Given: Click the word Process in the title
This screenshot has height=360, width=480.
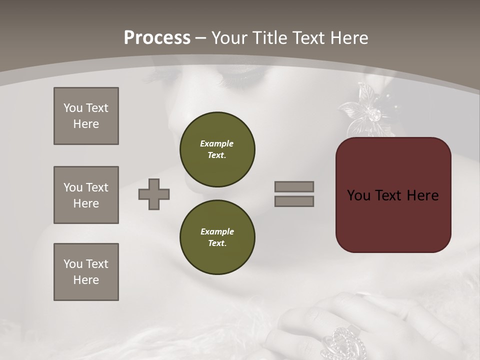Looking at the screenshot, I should coord(157,38).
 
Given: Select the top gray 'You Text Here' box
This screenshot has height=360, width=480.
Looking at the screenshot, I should coord(86,116).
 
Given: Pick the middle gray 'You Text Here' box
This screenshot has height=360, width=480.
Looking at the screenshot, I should coord(86,195).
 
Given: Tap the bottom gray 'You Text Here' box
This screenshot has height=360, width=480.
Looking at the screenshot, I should coord(86,272).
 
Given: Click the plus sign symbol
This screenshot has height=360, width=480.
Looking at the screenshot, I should coord(154,194).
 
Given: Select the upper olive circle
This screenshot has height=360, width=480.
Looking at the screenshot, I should coord(217,149).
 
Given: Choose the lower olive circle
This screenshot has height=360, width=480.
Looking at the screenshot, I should coord(217,237).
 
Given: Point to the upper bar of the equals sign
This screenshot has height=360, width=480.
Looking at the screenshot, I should coord(294,187).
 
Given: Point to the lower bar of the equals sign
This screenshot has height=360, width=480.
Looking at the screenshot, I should coord(294,201).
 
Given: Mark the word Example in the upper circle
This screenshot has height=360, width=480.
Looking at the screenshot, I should coord(216,143).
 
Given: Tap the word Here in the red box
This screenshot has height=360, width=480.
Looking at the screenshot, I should coord(422,195).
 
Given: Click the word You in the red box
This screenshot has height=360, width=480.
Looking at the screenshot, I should coord(358,195).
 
